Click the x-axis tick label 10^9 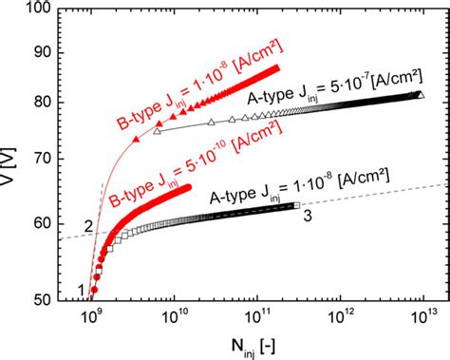pos(91,317)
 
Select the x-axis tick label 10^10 pos(173,317)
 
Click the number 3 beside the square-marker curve pos(308,218)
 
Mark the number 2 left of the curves pos(88,226)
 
